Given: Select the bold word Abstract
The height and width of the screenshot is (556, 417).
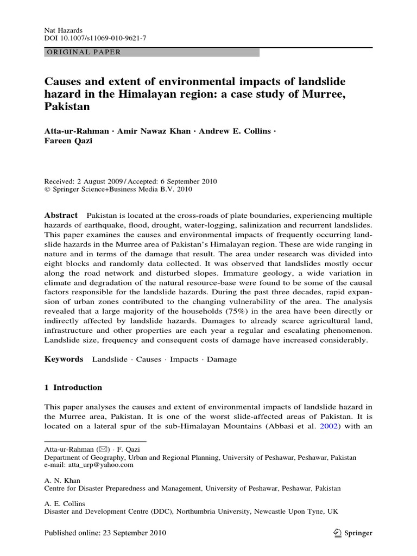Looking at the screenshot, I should pos(60,216).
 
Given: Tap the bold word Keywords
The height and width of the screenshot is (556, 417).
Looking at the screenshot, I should pos(64,359).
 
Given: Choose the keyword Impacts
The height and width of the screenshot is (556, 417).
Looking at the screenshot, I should pos(185,359).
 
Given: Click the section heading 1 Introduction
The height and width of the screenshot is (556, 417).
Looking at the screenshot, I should pos(73,388).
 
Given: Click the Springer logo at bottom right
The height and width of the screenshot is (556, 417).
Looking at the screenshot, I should pos(353,533).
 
